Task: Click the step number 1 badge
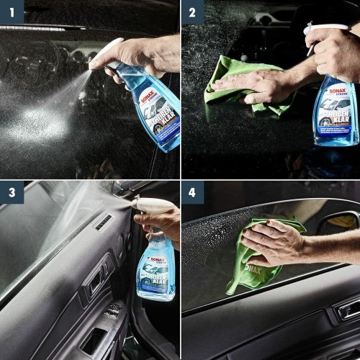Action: click(x=12, y=12)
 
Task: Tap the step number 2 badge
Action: click(x=192, y=12)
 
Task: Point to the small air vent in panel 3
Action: click(x=104, y=222)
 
